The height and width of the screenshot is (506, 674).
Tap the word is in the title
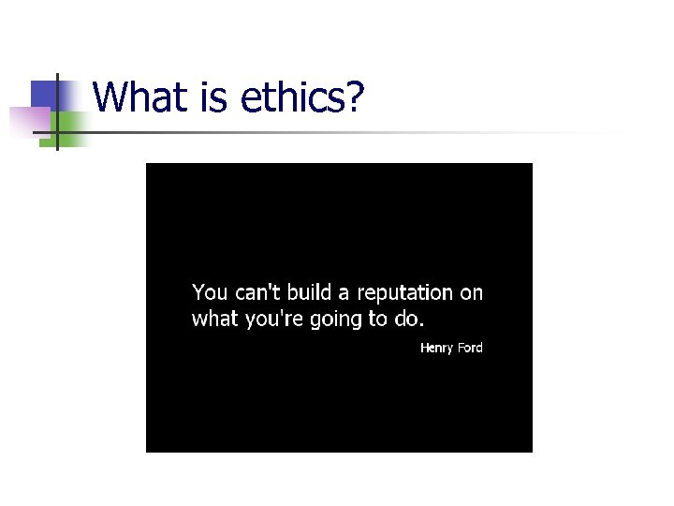pyautogui.click(x=209, y=97)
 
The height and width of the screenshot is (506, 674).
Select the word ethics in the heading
pyautogui.click(x=291, y=97)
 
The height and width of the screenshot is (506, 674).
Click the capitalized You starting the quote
pyautogui.click(x=209, y=292)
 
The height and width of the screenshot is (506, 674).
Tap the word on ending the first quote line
pyautogui.click(x=472, y=293)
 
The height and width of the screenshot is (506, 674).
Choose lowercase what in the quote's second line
pyautogui.click(x=214, y=319)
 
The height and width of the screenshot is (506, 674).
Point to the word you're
pyautogui.click(x=271, y=320)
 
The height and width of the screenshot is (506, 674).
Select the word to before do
pyautogui.click(x=378, y=319)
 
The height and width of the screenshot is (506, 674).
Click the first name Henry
pyautogui.click(x=436, y=348)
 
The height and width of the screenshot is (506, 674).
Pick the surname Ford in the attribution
pyautogui.click(x=470, y=348)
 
